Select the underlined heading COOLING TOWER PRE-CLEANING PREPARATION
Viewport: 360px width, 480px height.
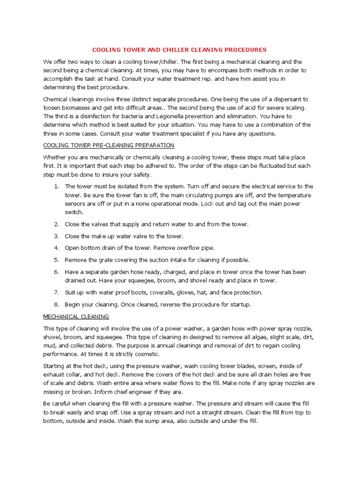click(x=109, y=145)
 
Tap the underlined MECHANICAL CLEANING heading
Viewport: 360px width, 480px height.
click(x=76, y=316)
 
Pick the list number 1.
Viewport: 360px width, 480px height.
click(x=56, y=187)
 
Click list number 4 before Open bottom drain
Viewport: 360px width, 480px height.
click(x=56, y=247)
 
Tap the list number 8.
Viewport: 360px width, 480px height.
click(x=56, y=304)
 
